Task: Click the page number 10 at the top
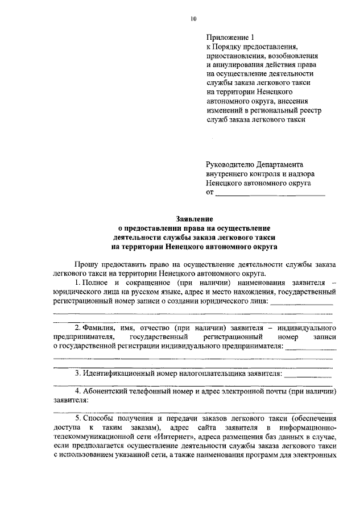point(193,19)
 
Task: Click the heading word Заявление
point(194,219)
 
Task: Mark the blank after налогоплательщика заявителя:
point(308,375)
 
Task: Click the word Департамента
point(280,163)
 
